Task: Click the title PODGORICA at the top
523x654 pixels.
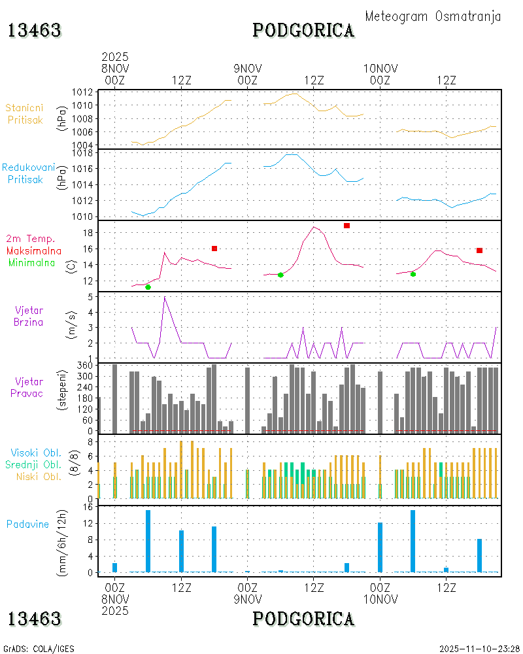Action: pyautogui.click(x=303, y=30)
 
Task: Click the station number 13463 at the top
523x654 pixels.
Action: pyautogui.click(x=35, y=30)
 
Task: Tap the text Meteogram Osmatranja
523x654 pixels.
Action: pyautogui.click(x=433, y=16)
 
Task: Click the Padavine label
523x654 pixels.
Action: pyautogui.click(x=27, y=524)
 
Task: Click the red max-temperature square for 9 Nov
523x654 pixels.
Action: pyautogui.click(x=346, y=226)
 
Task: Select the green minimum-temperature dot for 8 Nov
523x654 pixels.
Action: pyautogui.click(x=148, y=287)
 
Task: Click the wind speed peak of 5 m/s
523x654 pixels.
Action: pyautogui.click(x=164, y=297)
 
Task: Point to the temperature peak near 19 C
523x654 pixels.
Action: pyautogui.click(x=314, y=227)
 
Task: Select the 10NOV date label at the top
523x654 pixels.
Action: pyautogui.click(x=380, y=69)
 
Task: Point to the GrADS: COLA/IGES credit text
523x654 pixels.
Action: pyautogui.click(x=39, y=649)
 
